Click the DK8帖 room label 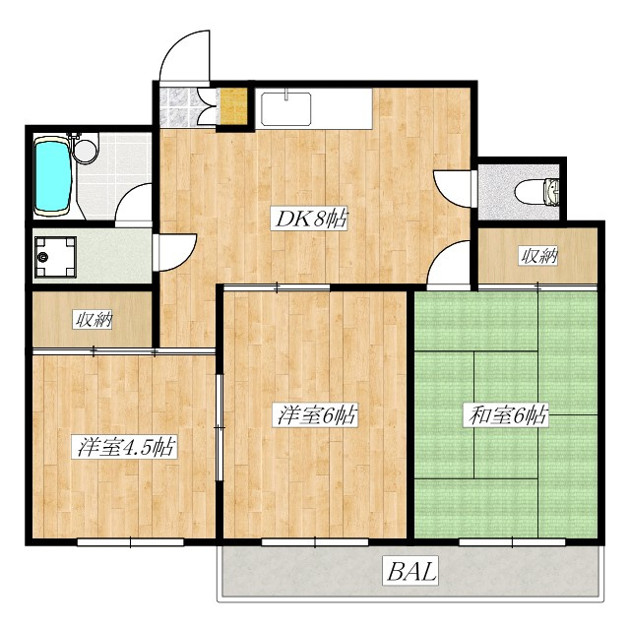pyautogui.click(x=309, y=220)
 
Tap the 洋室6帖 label pyautogui.click(x=315, y=415)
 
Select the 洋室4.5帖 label pyautogui.click(x=124, y=447)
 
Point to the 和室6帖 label pyautogui.click(x=507, y=415)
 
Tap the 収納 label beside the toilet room pyautogui.click(x=538, y=256)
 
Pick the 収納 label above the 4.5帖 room pyautogui.click(x=93, y=320)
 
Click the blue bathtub pyautogui.click(x=53, y=176)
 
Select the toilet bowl pyautogui.click(x=536, y=193)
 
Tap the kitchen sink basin pyautogui.click(x=286, y=108)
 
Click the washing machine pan pyautogui.click(x=55, y=257)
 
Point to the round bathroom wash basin pyautogui.click(x=85, y=151)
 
